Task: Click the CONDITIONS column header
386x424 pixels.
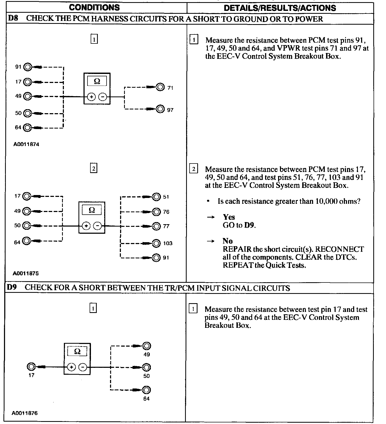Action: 94,7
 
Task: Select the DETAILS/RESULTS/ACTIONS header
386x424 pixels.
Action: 280,8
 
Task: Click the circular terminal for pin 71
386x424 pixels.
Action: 160,87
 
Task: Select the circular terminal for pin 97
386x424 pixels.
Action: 160,109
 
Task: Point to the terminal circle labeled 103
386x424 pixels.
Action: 156,243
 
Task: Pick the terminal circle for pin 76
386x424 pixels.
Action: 157,212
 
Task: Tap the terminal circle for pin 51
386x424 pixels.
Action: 157,197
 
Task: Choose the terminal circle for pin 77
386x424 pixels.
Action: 157,226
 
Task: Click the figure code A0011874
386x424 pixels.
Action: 27,145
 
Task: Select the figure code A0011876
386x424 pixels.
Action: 25,413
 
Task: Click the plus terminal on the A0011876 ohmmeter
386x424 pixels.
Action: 71,367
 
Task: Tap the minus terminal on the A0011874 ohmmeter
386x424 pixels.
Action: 103,97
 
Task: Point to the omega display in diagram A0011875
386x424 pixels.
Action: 92,210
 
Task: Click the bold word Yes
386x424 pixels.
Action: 229,217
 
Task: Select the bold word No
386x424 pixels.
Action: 227,241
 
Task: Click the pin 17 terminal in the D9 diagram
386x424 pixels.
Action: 31,367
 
